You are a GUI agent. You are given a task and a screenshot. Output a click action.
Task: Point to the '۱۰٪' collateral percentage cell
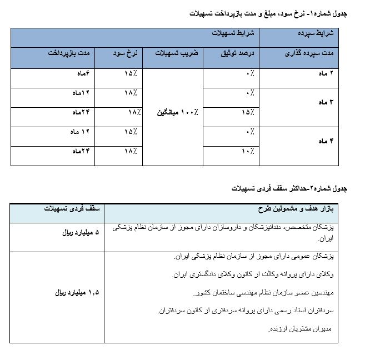tap(248, 151)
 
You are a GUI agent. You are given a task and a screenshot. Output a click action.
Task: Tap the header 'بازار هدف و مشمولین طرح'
tap(303, 209)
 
